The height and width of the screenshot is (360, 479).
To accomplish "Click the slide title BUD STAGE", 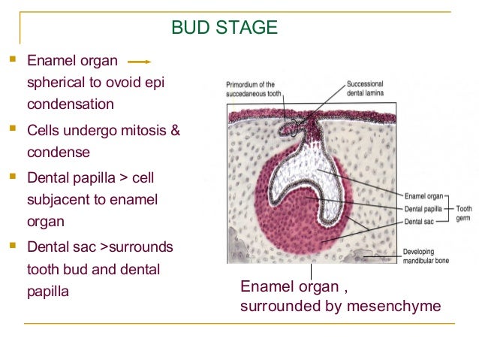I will pyautogui.click(x=224, y=29).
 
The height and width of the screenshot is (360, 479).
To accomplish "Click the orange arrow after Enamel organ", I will pyautogui.click(x=140, y=61).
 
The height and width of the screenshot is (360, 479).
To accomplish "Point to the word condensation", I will pyautogui.click(x=71, y=103).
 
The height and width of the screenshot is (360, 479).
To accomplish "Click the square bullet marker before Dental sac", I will pyautogui.click(x=13, y=246).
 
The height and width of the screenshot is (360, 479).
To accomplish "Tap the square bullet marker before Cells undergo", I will pyautogui.click(x=13, y=131).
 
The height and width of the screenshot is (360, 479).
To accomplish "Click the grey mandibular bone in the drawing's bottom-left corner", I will pyautogui.click(x=239, y=253).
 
